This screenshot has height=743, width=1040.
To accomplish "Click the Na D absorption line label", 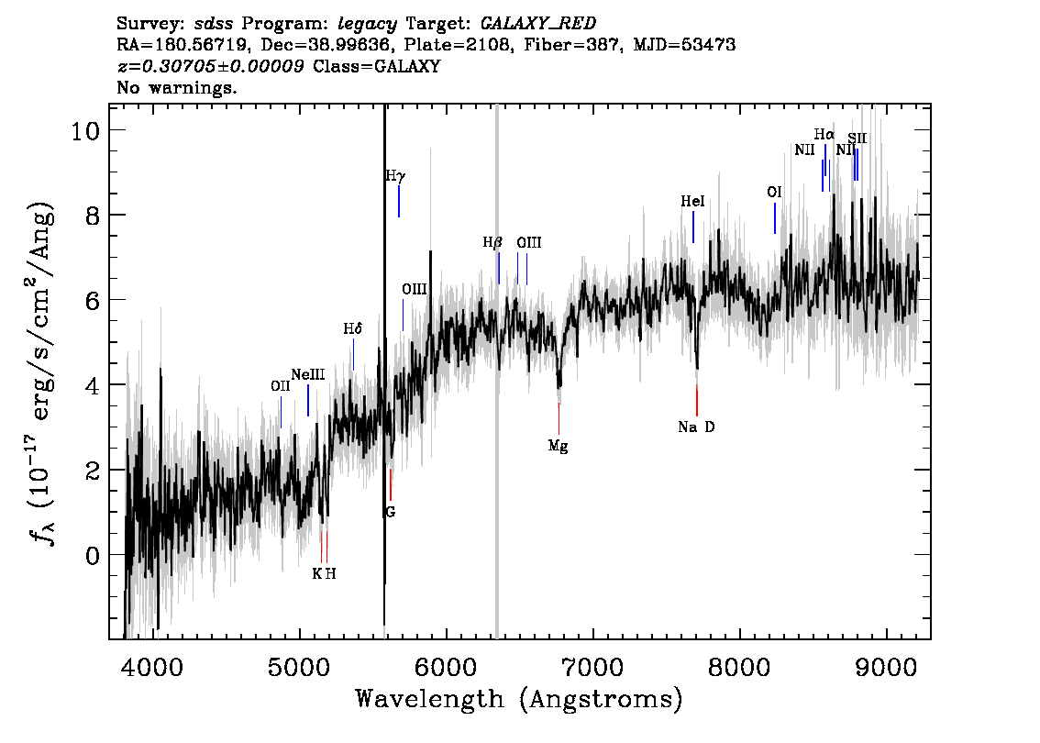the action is [696, 427].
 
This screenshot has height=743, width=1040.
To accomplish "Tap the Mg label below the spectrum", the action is [558, 446].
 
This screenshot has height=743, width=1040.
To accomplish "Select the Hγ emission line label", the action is [395, 176].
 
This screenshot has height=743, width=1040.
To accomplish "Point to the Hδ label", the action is [353, 328].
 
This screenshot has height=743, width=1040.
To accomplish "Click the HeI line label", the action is [693, 201].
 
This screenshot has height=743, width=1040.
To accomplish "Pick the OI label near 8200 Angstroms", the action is [774, 192].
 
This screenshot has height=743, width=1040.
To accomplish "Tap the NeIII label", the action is [308, 375].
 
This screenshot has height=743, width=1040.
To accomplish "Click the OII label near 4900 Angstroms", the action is [281, 385].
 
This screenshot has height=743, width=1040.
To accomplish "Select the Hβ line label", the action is [492, 243].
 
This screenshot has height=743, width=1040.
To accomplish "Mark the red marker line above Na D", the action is [696, 400].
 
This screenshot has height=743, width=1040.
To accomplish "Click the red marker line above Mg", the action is [559, 418].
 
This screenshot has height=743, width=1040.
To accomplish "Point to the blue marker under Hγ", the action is [399, 202].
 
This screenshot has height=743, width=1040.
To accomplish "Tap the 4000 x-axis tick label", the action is [153, 667].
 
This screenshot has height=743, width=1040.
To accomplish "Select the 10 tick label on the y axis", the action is [85, 130].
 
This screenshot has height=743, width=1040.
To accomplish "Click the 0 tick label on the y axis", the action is [93, 555].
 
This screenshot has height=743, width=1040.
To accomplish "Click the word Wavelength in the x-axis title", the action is [430, 699].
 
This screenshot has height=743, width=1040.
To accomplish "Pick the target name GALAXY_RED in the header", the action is [538, 24].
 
